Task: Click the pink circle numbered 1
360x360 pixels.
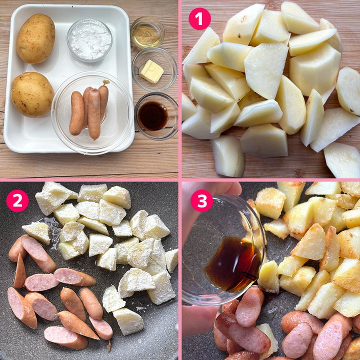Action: coord(199,19)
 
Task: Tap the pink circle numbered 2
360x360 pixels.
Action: coord(17,200)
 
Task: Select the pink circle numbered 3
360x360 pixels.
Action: coord(202,200)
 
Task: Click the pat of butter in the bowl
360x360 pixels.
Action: coord(151,71)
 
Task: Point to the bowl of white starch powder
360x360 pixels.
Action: coord(89,40)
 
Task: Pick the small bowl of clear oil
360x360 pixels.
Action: coord(147,32)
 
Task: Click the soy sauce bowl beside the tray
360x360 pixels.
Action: coord(156,116)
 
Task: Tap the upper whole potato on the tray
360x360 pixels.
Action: coord(35,38)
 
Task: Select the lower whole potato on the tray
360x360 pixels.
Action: coord(32,94)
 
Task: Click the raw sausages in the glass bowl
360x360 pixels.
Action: coord(88,109)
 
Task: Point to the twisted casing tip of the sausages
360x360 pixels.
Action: coord(106,82)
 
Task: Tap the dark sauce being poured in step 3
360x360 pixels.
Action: coord(233,264)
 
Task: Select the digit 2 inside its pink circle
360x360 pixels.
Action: coord(17,201)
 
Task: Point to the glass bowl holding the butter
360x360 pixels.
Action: coord(154,69)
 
